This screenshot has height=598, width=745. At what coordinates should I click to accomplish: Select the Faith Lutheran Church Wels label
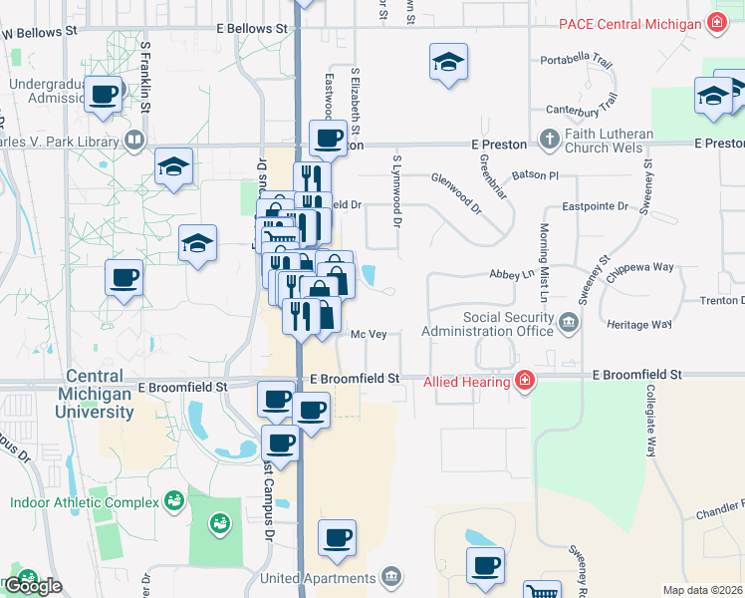tap(609, 141)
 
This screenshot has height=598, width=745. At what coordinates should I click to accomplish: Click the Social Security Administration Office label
tap(487, 323)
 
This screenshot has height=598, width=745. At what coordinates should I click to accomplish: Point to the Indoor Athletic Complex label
tap(85, 502)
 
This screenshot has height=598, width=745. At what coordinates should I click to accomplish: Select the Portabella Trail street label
tap(577, 60)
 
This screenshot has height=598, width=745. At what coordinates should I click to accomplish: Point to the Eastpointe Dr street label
tap(596, 206)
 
